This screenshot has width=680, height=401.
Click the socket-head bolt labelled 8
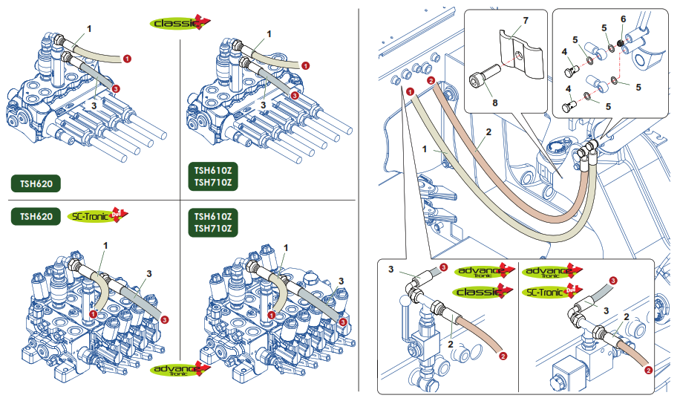(480, 76)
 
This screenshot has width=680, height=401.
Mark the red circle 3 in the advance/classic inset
(444, 267)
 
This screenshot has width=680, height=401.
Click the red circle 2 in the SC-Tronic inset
(647, 369)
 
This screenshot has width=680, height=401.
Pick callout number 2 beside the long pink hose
(488, 134)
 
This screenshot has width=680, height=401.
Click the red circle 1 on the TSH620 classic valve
(127, 57)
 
